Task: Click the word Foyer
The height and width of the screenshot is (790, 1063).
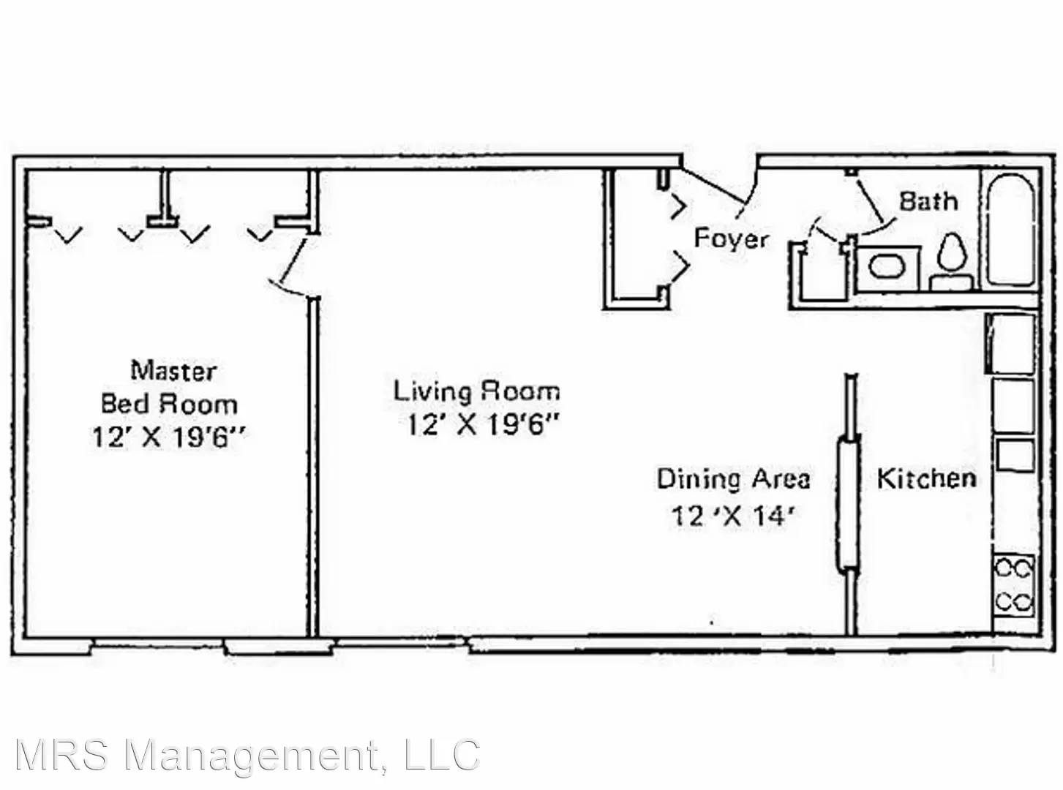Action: [732, 238]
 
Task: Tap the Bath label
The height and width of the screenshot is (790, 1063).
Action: [928, 201]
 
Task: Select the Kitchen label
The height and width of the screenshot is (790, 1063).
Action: [926, 478]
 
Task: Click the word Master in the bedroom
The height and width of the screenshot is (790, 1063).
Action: [173, 371]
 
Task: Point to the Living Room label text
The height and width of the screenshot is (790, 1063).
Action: [476, 391]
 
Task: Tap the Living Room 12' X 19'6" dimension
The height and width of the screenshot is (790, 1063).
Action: [483, 424]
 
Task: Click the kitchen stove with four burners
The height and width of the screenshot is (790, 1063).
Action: [1014, 585]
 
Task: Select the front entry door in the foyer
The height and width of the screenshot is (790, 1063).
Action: [719, 186]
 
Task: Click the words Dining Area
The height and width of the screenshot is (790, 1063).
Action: [733, 479]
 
